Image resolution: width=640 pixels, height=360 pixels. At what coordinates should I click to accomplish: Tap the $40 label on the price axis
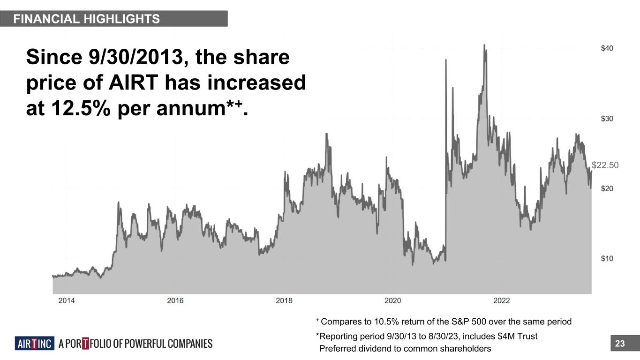click(x=607, y=48)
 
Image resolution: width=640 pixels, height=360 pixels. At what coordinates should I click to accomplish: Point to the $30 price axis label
click(x=607, y=119)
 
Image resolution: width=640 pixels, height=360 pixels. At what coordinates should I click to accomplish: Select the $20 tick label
click(x=607, y=188)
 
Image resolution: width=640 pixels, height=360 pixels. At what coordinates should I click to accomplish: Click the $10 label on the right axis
click(x=607, y=259)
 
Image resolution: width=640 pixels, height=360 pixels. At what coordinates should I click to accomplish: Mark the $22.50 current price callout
click(x=605, y=165)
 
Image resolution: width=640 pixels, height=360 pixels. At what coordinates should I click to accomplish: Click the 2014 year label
click(x=66, y=300)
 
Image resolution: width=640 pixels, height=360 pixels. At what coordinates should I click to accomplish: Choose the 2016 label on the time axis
click(x=175, y=300)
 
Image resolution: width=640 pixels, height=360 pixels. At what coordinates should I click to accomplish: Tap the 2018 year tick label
click(x=284, y=300)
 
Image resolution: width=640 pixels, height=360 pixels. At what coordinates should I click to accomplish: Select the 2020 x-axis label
click(x=393, y=300)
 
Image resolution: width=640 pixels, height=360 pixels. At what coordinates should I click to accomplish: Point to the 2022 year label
click(x=502, y=300)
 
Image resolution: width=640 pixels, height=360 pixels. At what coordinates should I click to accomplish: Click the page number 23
click(x=620, y=344)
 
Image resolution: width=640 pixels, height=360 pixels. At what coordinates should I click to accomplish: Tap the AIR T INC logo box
click(x=34, y=344)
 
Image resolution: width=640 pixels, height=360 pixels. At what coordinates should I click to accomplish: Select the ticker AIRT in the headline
click(x=136, y=83)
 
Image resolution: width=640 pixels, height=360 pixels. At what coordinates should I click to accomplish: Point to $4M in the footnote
click(x=508, y=336)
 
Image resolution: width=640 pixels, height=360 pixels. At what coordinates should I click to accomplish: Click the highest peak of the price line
click(x=484, y=45)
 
